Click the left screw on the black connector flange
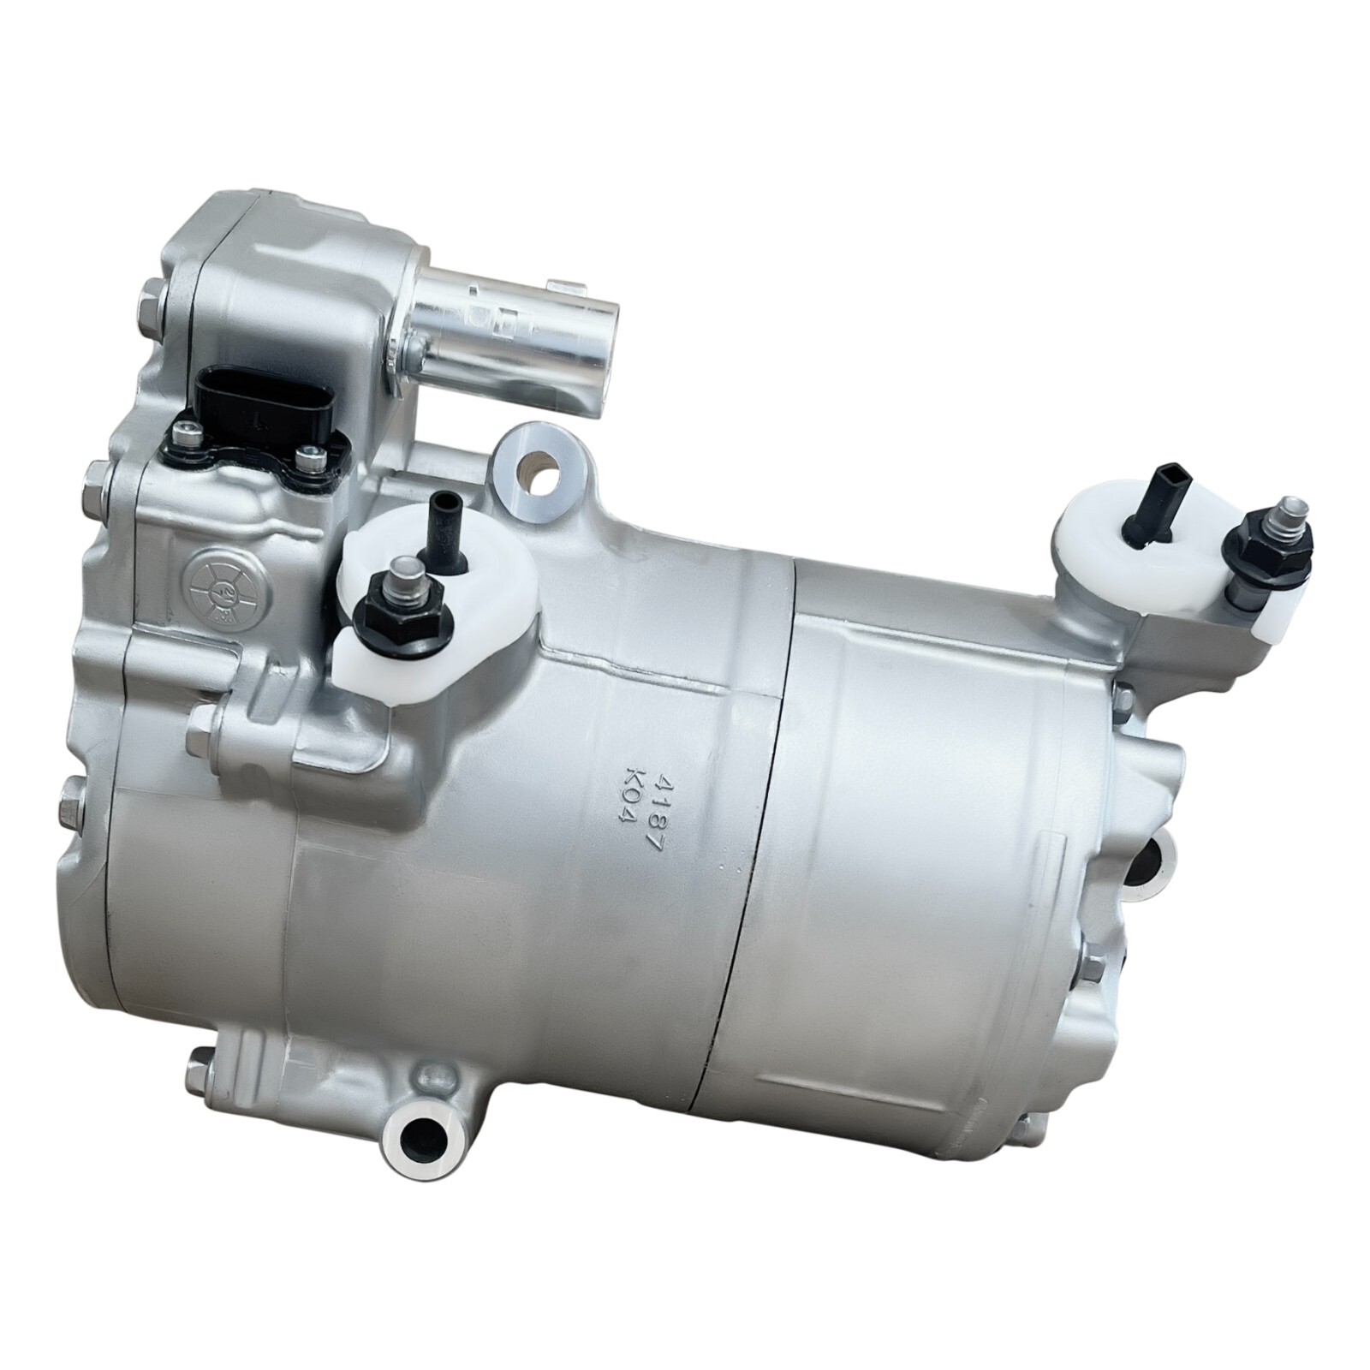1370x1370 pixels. [186, 439]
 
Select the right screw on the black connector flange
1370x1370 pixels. [308, 462]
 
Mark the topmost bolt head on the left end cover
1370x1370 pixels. [147, 299]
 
